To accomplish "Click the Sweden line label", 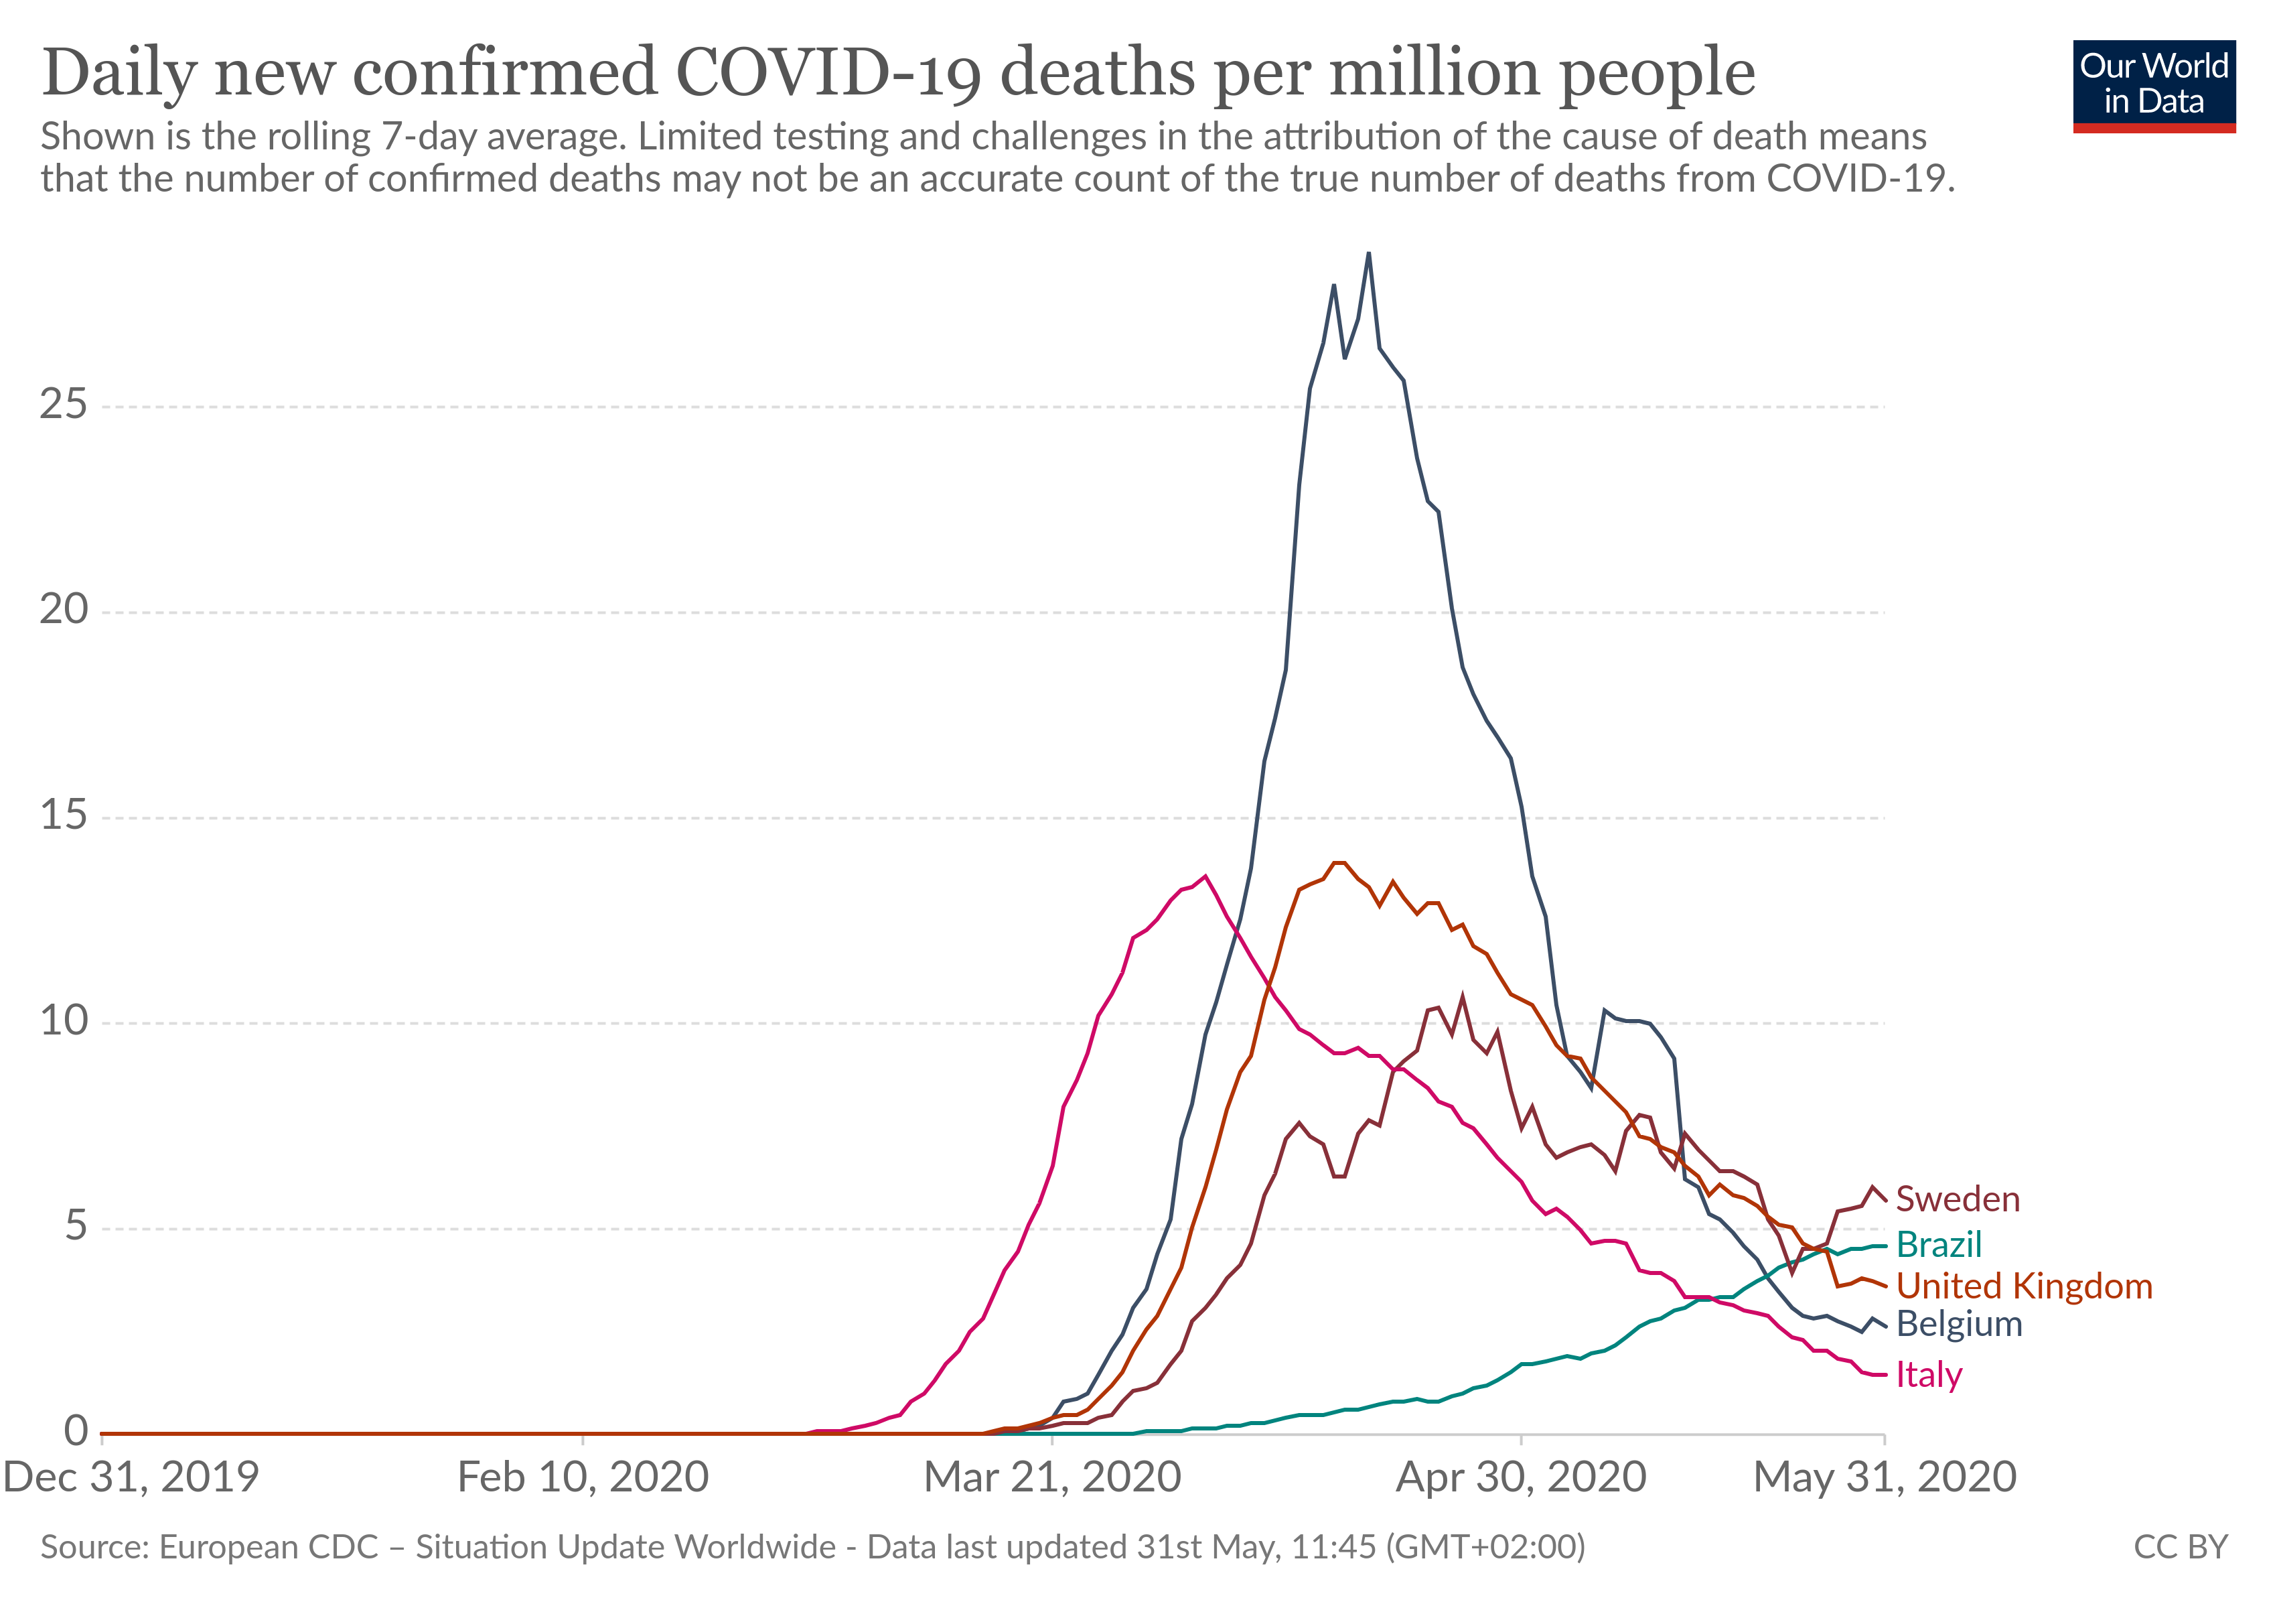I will coord(1957,1199).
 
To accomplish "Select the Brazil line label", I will coord(1938,1245).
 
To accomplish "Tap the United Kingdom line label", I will coord(2023,1286).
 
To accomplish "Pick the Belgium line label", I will coord(1959,1325).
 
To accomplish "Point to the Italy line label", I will coord(1929,1375).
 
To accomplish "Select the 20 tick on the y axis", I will coord(64,610).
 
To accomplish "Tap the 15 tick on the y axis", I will coord(64,817).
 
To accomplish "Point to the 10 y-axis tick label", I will coord(64,1022).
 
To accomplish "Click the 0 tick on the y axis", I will coord(76,1431).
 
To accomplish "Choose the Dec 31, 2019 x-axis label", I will coord(131,1478).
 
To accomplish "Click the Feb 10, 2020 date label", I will coord(583,1478).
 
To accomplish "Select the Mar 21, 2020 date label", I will coord(1052,1478).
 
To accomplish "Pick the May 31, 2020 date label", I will coord(1885,1478).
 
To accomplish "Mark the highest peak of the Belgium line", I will coord(1369,253).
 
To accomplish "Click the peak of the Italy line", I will coord(1205,876).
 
